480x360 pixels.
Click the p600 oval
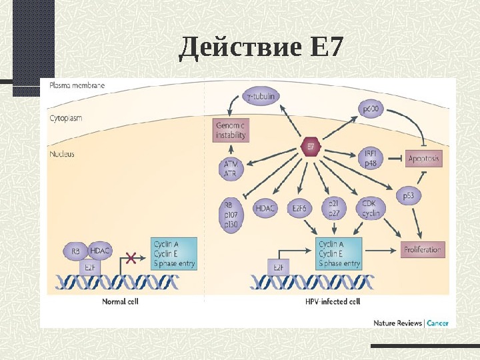click(370, 108)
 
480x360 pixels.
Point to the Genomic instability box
click(231, 130)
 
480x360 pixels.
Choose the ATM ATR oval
click(231, 168)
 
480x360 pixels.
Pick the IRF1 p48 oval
click(370, 157)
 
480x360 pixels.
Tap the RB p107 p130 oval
click(232, 215)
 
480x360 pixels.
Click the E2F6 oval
click(299, 209)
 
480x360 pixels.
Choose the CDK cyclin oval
click(371, 208)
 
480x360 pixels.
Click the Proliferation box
click(423, 250)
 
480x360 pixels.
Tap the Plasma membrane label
click(77, 85)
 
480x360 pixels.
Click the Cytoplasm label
click(66, 118)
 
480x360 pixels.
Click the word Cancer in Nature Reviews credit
click(437, 323)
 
